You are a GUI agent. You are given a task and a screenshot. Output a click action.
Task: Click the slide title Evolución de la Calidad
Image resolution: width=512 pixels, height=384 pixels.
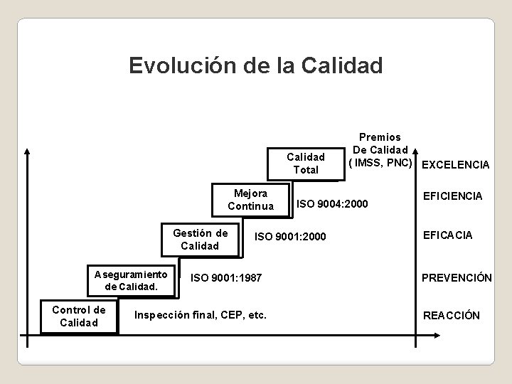[x=256, y=65]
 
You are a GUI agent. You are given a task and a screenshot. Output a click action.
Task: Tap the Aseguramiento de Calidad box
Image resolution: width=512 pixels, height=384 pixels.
[x=129, y=280]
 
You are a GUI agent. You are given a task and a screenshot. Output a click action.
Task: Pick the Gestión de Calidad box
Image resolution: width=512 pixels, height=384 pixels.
[x=200, y=240]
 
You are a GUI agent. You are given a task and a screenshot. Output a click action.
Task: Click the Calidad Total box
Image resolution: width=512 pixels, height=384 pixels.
[x=305, y=163]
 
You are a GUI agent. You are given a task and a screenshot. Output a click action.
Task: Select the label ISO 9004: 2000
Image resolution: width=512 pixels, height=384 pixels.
[x=332, y=205]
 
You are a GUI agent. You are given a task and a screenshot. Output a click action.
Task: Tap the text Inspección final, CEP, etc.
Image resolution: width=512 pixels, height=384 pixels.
[x=201, y=315]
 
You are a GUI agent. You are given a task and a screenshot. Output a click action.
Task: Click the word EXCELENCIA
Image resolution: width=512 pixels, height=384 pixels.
[x=455, y=165]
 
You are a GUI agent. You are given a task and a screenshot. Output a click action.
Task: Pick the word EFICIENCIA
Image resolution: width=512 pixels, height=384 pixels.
[x=452, y=195]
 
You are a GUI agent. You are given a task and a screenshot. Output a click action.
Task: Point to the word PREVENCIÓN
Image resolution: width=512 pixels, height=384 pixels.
[x=457, y=278]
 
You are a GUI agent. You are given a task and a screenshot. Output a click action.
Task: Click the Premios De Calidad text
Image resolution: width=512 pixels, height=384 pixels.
[x=380, y=143]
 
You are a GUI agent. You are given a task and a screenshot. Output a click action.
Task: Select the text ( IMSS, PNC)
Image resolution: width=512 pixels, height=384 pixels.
[x=380, y=163]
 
